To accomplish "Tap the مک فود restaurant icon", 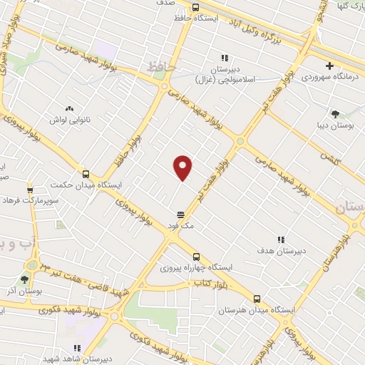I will (181, 214).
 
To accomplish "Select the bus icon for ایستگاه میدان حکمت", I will (86, 173).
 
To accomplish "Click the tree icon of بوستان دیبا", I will (335, 113).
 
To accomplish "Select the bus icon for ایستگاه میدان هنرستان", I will (257, 299).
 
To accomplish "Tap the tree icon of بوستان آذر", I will (25, 280).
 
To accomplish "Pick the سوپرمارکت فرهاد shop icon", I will (30, 190).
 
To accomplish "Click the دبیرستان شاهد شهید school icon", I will (77, 348).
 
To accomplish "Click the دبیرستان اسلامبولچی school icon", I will (225, 58).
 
